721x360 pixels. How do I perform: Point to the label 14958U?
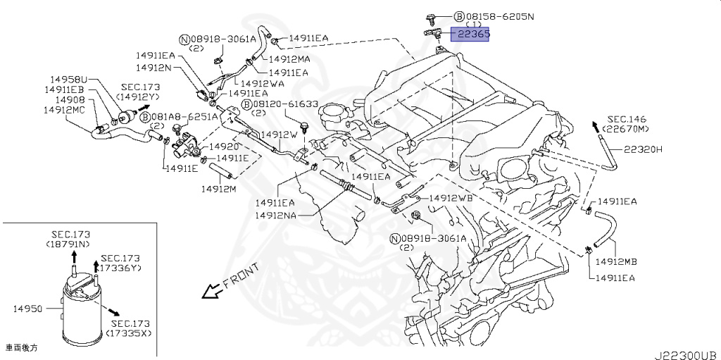point(68,80)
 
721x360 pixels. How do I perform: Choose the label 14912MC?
point(64,110)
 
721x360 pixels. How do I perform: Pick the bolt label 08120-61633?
point(284,104)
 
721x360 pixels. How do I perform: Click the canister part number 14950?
point(27,309)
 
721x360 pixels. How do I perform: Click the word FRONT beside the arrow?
point(241,275)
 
